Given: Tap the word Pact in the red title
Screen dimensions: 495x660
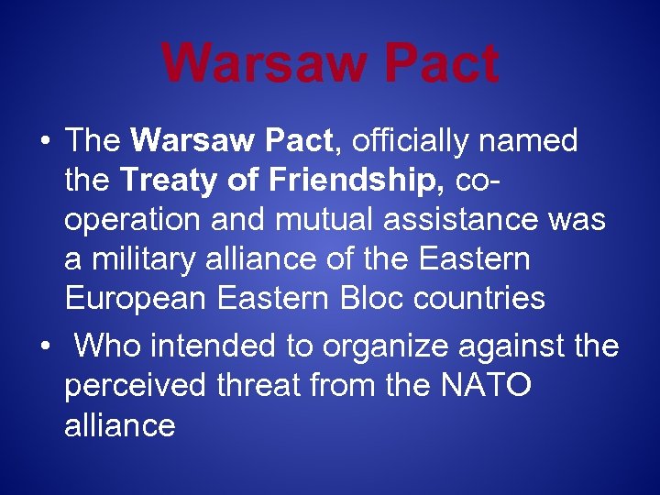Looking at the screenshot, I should pos(442,62).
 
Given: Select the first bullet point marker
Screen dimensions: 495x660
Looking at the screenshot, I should pos(44,141).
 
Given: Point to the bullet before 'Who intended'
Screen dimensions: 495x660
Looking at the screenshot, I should pos(44,347).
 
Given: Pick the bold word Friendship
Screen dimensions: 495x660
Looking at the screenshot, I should pos(352,181).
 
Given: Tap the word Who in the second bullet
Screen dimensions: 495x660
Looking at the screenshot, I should pos(108,346).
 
